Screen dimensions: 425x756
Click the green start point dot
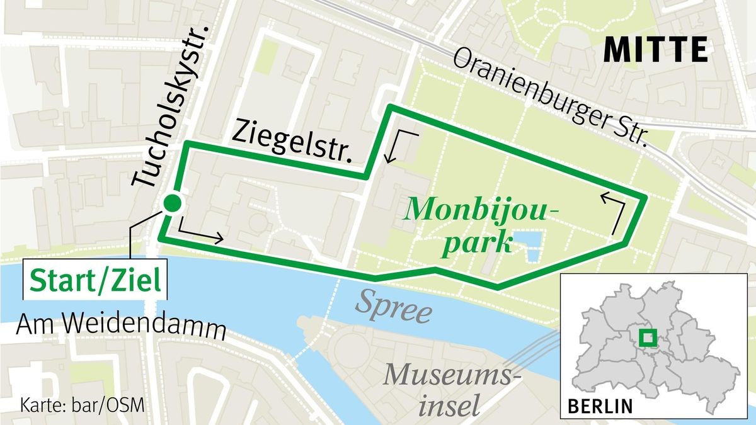[x=171, y=203]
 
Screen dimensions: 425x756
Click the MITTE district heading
[x=656, y=50]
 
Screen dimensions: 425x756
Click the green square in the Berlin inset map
[x=646, y=338]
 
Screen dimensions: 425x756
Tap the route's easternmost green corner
[x=645, y=198]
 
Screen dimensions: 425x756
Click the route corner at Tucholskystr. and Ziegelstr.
[x=186, y=145]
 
